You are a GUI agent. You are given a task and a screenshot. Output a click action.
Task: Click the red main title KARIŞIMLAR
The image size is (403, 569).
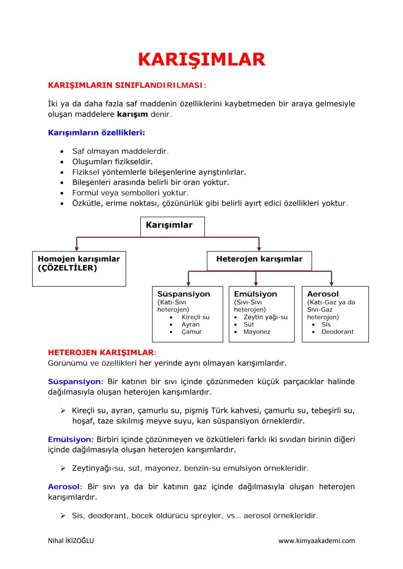pos(201,60)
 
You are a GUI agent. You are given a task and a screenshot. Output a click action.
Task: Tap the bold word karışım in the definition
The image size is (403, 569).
pos(132,114)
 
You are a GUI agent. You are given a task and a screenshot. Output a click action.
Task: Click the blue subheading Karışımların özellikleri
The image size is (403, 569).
pos(96,133)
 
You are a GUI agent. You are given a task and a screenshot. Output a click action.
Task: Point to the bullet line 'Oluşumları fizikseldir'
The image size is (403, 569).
pos(112,162)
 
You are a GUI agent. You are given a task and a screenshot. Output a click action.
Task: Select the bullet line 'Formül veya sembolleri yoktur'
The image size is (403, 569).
pos(130,193)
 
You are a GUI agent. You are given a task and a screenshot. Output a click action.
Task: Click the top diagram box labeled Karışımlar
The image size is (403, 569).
pos(172,226)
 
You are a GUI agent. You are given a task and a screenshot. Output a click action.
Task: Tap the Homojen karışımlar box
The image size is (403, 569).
pos(79,269)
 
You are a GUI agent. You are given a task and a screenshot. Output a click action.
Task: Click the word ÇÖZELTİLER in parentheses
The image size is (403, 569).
pos(68,268)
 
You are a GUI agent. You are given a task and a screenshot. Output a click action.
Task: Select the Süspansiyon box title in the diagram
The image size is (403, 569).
pos(184,294)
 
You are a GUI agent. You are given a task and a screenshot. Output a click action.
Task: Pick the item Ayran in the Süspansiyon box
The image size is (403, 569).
pos(190,325)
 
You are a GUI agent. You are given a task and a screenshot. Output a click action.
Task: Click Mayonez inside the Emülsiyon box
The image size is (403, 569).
pos(257,332)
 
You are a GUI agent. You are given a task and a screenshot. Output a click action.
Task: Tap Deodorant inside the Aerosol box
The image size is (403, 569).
pos(337,332)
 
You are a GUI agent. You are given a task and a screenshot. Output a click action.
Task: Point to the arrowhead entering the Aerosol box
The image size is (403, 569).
pos(331,284)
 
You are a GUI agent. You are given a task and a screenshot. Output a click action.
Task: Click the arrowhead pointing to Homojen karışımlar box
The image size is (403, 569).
pos(76,249)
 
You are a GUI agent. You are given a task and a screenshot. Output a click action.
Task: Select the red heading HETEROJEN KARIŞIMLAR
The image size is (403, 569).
pos(101,353)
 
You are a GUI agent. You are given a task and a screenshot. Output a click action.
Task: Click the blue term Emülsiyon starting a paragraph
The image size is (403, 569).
pos(69,440)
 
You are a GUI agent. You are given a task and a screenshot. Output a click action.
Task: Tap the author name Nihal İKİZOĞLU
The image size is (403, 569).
pos(71,541)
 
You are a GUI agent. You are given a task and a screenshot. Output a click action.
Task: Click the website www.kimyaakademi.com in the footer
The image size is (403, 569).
pos(316,541)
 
